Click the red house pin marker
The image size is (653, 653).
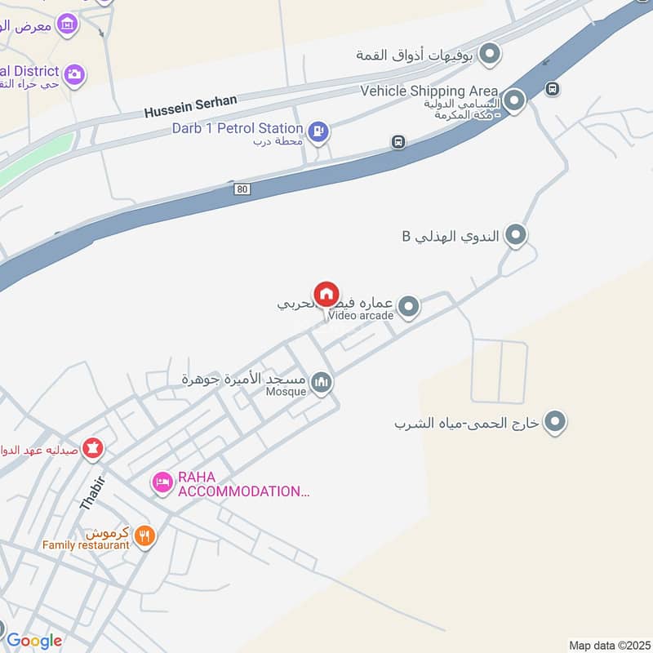coord(326,295)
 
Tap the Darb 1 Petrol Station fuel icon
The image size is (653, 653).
coord(318,129)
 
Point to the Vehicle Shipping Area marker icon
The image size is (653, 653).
coord(514,101)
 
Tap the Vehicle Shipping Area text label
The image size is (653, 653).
coord(430,91)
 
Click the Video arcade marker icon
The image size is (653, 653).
coord(409,307)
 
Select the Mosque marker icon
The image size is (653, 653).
coord(322,382)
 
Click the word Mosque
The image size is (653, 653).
coord(285,392)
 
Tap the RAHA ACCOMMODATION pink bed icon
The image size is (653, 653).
coord(162,483)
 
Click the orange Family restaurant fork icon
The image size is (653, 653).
coord(144,535)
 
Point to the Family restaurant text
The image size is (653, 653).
coord(87,544)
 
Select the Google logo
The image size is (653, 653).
coord(33,641)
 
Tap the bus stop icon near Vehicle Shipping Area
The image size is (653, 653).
coord(553,87)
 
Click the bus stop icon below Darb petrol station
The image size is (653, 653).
coord(398,142)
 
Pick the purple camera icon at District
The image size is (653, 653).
coord(74,74)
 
